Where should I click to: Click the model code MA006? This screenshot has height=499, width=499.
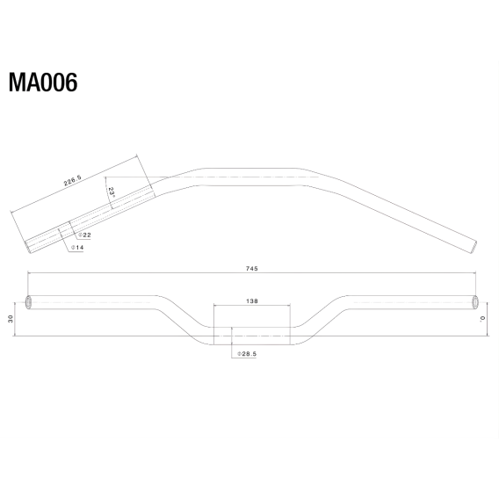click(43, 83)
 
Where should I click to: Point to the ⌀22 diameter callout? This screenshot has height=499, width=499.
click(85, 235)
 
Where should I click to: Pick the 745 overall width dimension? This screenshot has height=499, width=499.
click(253, 269)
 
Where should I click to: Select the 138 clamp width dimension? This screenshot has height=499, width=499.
click(252, 300)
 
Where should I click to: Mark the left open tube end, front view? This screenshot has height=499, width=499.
click(32, 303)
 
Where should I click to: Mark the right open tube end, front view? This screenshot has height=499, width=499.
click(475, 303)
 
